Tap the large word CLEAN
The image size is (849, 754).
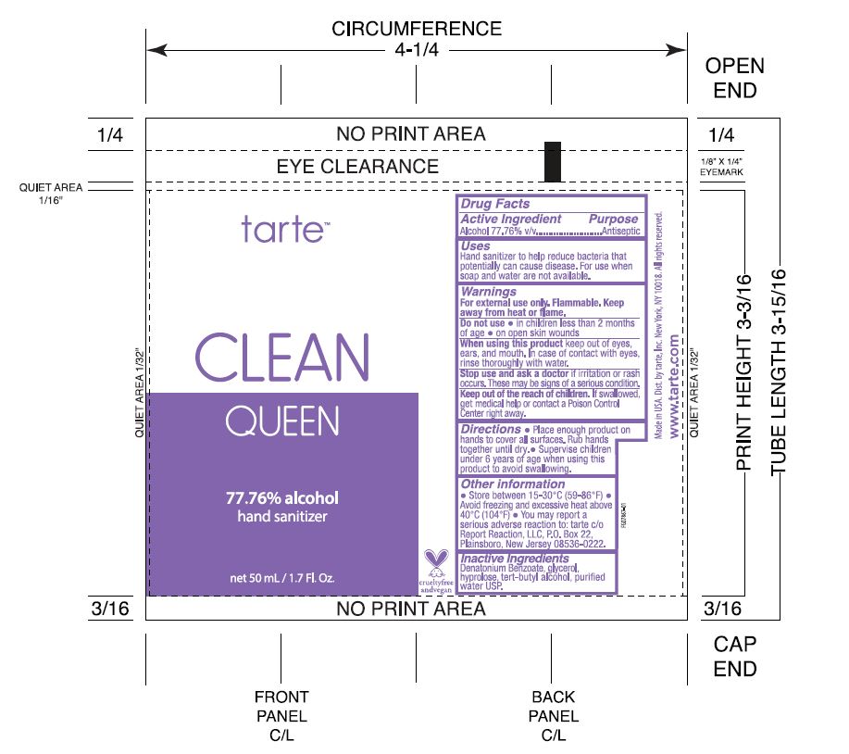pos(282,357)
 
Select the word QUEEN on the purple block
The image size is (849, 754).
pos(282,422)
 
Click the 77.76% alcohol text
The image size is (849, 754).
pos(282,498)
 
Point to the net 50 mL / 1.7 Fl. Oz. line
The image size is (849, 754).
pos(282,579)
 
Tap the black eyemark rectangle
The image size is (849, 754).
pos(553,161)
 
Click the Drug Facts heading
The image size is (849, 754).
pos(495,204)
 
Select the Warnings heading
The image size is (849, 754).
pos(489,292)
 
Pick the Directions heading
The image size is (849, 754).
pos(491,430)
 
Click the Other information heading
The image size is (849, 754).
pos(513,484)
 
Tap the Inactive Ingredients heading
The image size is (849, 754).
pos(515,559)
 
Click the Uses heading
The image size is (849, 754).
pos(476,246)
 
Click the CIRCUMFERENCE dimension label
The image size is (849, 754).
pos(417,29)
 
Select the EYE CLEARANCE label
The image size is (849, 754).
pos(357,167)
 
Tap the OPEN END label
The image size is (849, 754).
pos(735,79)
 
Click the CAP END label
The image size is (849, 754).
pos(735,657)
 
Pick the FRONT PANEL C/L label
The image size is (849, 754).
pos(281,716)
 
